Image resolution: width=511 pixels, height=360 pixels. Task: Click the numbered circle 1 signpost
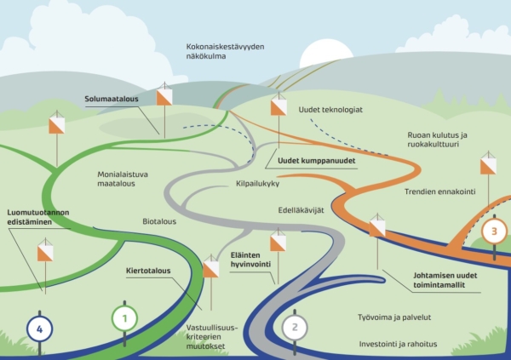(x=124, y=319)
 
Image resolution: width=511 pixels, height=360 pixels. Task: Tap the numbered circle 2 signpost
(x=294, y=325)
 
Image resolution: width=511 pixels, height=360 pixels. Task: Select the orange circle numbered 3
(x=492, y=230)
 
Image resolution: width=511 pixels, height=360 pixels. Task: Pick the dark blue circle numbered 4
(x=39, y=326)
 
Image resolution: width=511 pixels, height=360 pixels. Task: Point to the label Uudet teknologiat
(x=331, y=110)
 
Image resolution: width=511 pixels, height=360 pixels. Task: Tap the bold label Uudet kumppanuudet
(x=315, y=159)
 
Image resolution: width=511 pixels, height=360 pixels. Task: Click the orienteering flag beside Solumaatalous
(x=164, y=97)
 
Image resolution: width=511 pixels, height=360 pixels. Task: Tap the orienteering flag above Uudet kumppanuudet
(x=278, y=107)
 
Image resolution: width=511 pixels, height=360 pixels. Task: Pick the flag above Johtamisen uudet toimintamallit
(x=376, y=227)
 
